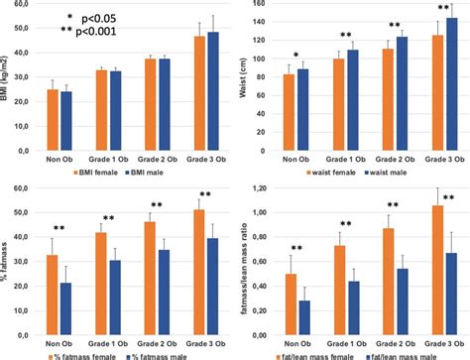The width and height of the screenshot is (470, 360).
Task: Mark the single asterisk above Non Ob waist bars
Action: point(294,55)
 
